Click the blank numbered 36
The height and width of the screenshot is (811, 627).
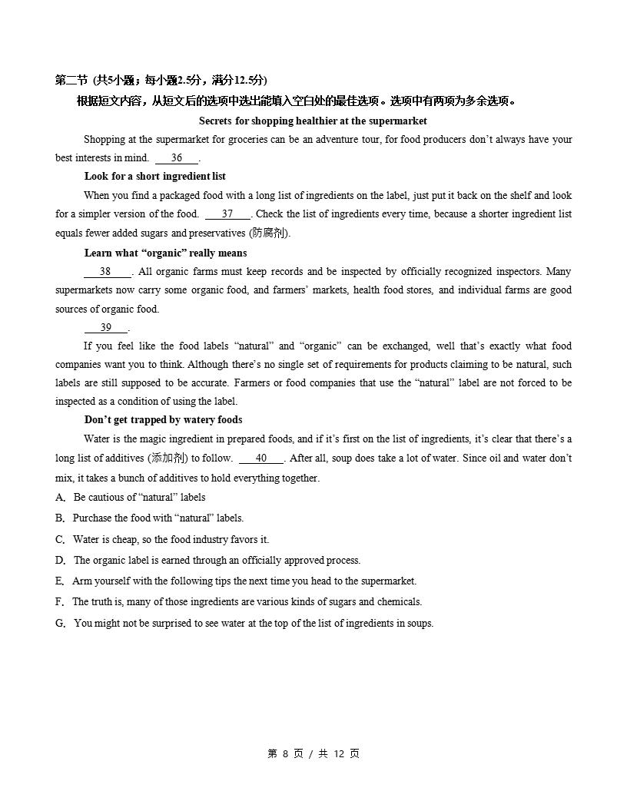click(x=177, y=158)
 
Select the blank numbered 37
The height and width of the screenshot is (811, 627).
click(x=227, y=214)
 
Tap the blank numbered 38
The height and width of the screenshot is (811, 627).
click(x=106, y=271)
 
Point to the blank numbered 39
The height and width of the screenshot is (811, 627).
click(x=106, y=327)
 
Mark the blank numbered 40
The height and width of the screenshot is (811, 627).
click(x=261, y=458)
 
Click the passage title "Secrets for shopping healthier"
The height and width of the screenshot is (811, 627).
click(x=313, y=121)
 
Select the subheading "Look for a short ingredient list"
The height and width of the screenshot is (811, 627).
click(x=154, y=177)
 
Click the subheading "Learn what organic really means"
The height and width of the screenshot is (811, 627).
click(x=165, y=253)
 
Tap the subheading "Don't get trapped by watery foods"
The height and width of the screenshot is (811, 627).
click(x=163, y=420)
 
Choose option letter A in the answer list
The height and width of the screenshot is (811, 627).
click(x=60, y=498)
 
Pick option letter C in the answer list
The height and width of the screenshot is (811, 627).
click(x=60, y=540)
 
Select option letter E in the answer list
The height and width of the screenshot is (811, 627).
click(x=60, y=581)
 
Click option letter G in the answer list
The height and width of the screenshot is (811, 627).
click(x=61, y=624)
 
